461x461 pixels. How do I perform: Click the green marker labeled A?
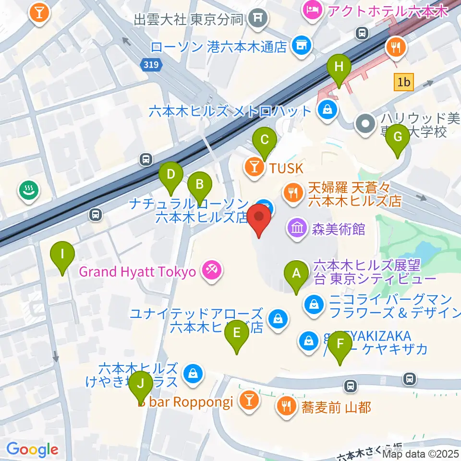(x=296, y=274)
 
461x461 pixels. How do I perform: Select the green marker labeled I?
(x=62, y=254)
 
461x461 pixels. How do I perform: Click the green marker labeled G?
(x=398, y=137)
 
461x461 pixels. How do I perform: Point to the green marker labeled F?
(x=340, y=344)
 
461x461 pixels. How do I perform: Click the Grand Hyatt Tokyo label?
(x=137, y=272)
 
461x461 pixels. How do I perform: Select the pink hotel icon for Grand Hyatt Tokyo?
(x=210, y=270)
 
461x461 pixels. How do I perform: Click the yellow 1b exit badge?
(x=403, y=83)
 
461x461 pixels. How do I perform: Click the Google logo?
(x=32, y=449)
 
